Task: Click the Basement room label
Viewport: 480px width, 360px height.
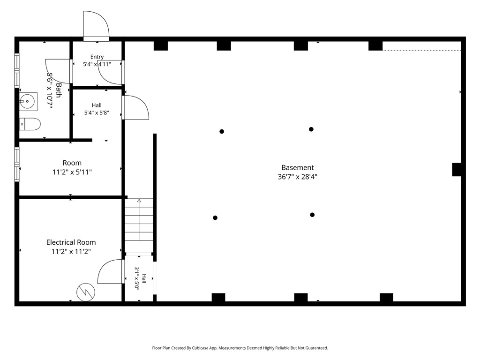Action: pos(298,167)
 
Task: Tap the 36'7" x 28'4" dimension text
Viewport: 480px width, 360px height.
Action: pos(298,177)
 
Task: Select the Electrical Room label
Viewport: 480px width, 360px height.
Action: pos(71,242)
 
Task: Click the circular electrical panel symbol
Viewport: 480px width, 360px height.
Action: pos(86,292)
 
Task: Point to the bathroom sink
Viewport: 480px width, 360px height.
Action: pos(28,101)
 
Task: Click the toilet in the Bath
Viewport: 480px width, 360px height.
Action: pos(30,124)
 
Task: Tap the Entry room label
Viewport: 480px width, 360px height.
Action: pos(97,57)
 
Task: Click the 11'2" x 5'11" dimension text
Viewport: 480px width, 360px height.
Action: pos(72,172)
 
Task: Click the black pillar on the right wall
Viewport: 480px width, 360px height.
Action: pos(457,170)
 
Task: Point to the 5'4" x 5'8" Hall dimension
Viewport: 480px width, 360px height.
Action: pos(97,112)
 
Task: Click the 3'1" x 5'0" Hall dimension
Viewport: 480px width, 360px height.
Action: pos(136,278)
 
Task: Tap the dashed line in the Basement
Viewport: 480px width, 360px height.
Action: pos(422,50)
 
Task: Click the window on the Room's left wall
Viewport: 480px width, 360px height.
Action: pos(17,165)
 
